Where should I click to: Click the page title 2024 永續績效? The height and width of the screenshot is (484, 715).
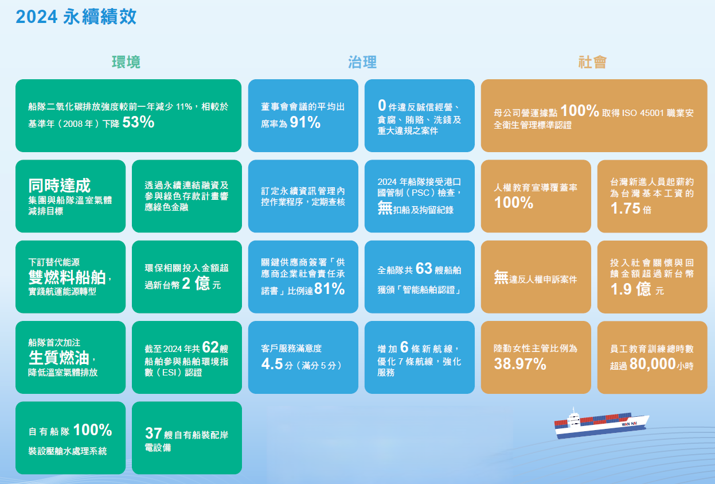pos(76,17)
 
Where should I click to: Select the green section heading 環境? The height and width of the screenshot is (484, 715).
pos(126,62)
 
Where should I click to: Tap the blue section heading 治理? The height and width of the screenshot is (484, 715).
pos(362,62)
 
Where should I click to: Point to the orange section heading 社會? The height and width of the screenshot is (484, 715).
pos(592,62)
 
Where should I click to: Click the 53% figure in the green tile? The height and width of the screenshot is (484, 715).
pos(138,122)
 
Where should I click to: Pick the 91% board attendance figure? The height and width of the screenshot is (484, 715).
pos(305,122)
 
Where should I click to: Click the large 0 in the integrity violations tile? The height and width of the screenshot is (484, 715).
pos(382,105)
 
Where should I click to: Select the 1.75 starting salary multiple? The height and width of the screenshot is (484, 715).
pos(626,208)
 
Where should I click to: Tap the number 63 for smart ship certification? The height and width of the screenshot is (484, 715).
pos(424,268)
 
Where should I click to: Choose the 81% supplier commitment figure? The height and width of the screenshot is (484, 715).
pos(330,289)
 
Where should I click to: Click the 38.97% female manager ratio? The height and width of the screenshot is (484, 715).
pos(520,364)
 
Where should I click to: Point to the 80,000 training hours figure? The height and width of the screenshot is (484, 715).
pos(653,364)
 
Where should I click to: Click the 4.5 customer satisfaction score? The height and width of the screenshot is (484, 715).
pos(272,364)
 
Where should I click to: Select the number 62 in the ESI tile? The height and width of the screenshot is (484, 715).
pos(210,347)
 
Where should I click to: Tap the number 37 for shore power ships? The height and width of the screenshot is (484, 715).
pos(154,433)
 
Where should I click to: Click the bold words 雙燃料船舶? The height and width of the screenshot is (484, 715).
pos(67,277)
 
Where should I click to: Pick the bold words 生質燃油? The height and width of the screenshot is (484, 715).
pos(59,358)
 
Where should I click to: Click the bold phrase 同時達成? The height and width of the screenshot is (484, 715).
pos(60,185)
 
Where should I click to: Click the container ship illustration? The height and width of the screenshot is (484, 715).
pos(601,424)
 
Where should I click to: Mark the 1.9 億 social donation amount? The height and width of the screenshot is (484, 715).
pos(630,289)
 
